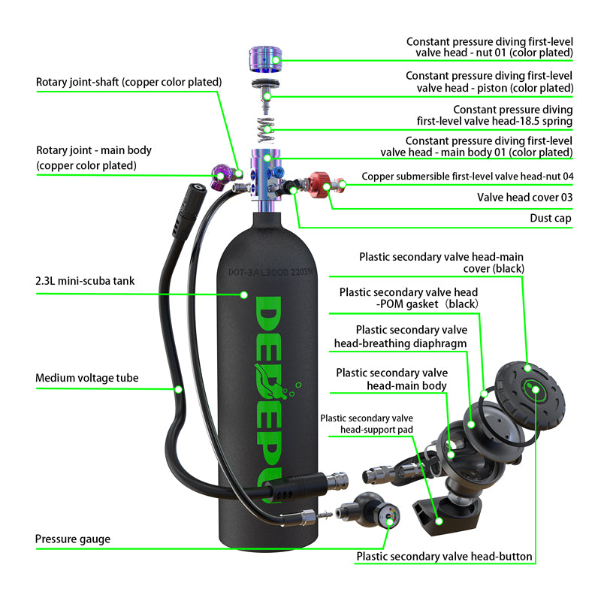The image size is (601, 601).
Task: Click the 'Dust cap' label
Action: tap(551, 219)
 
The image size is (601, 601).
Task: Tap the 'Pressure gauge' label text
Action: tap(73, 539)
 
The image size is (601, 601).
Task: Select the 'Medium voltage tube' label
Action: tap(87, 378)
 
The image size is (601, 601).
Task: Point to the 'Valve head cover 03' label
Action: tap(524, 198)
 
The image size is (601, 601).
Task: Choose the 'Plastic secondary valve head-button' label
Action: tap(444, 557)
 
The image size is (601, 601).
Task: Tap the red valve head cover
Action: tap(319, 182)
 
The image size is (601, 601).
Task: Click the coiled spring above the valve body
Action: tap(265, 128)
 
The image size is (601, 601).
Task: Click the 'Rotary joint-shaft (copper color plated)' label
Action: tap(128, 82)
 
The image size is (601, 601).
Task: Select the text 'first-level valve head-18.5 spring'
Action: tap(494, 121)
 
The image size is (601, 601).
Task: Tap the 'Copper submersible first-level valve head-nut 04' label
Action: tap(467, 177)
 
